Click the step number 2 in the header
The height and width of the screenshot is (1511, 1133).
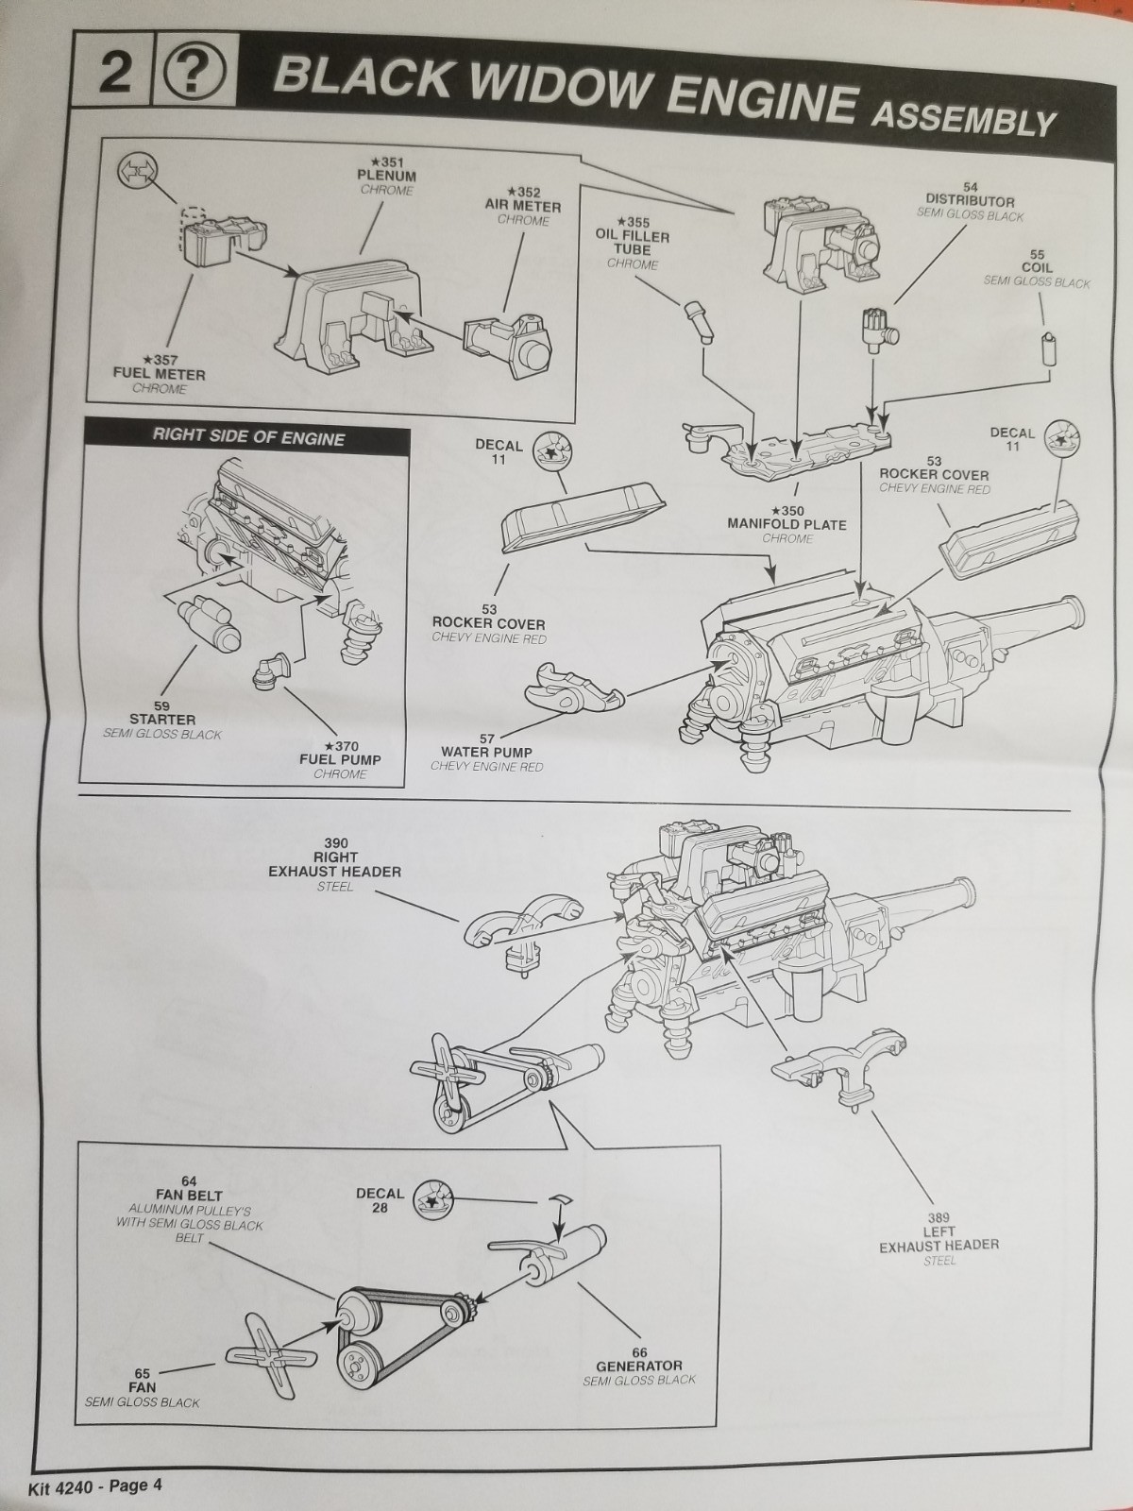[114, 74]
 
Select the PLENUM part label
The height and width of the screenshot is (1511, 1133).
[387, 176]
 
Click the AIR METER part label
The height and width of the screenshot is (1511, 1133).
[523, 206]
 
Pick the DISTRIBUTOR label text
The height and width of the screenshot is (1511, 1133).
[970, 201]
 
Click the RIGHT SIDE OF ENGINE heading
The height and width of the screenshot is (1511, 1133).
[248, 438]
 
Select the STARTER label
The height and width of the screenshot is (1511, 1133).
[161, 720]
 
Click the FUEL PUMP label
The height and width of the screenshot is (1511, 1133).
[340, 759]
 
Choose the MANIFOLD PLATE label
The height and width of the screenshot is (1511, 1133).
[786, 523]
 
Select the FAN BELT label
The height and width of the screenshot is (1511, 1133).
[189, 1196]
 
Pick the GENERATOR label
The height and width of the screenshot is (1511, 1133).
[638, 1366]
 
